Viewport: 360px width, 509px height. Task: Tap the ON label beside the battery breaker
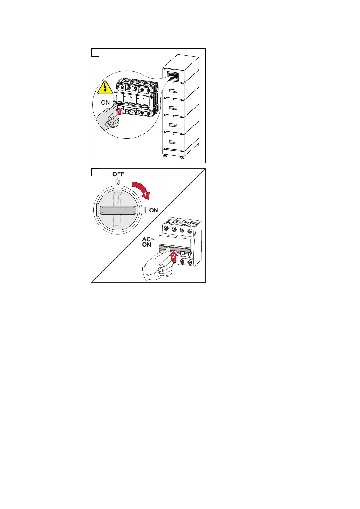point(105,103)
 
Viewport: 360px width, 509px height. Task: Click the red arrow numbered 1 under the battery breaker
point(119,111)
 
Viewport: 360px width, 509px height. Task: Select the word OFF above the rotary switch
point(118,174)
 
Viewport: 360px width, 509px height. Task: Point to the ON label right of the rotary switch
point(154,210)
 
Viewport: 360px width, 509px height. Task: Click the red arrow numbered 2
point(173,257)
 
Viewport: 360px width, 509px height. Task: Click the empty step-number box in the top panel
point(95,53)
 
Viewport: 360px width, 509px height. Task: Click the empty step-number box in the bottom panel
point(95,173)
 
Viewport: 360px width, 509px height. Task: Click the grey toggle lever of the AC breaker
point(174,250)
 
